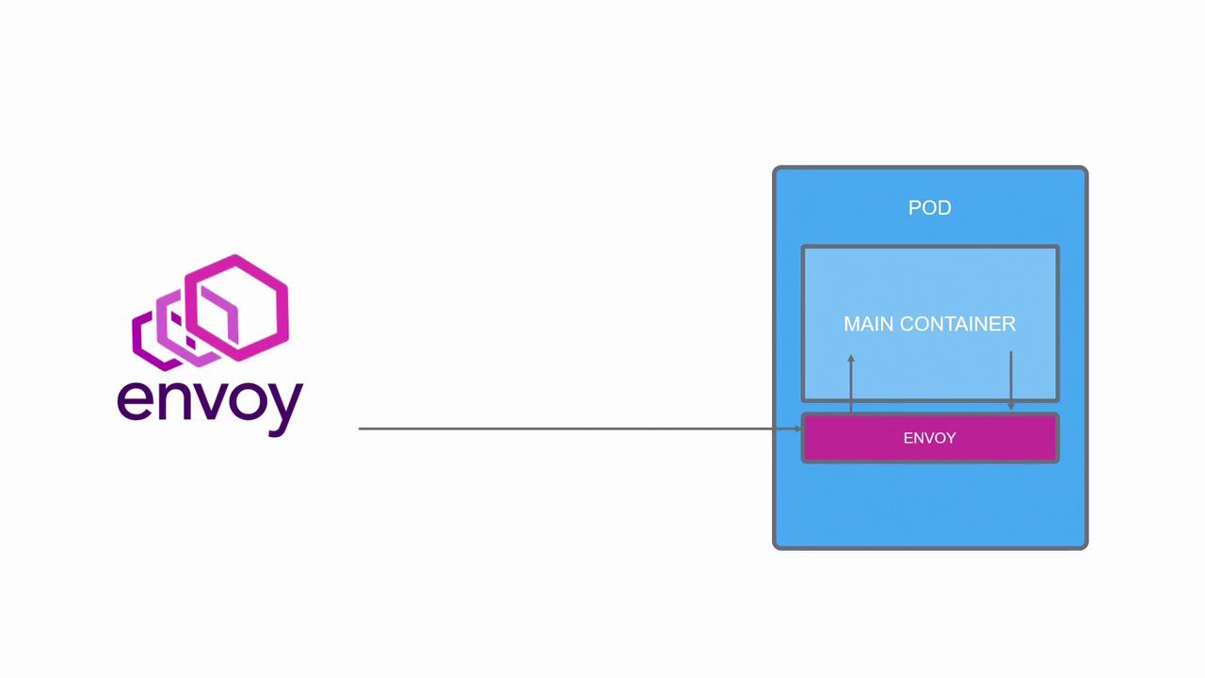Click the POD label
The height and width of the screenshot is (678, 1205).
[x=929, y=208]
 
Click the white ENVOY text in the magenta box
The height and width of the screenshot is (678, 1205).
[x=929, y=438]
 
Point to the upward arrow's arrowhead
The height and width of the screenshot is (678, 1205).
[x=851, y=359]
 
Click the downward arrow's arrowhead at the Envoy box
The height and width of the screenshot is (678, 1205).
[x=1011, y=406]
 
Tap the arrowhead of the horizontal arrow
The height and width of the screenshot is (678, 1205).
[x=797, y=428]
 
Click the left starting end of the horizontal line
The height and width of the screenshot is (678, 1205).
[x=361, y=428]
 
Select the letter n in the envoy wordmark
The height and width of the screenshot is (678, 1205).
[x=172, y=400]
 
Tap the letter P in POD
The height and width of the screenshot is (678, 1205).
[x=914, y=208]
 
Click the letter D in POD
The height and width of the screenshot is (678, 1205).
[x=944, y=208]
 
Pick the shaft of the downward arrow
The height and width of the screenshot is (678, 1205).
[x=1011, y=377]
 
